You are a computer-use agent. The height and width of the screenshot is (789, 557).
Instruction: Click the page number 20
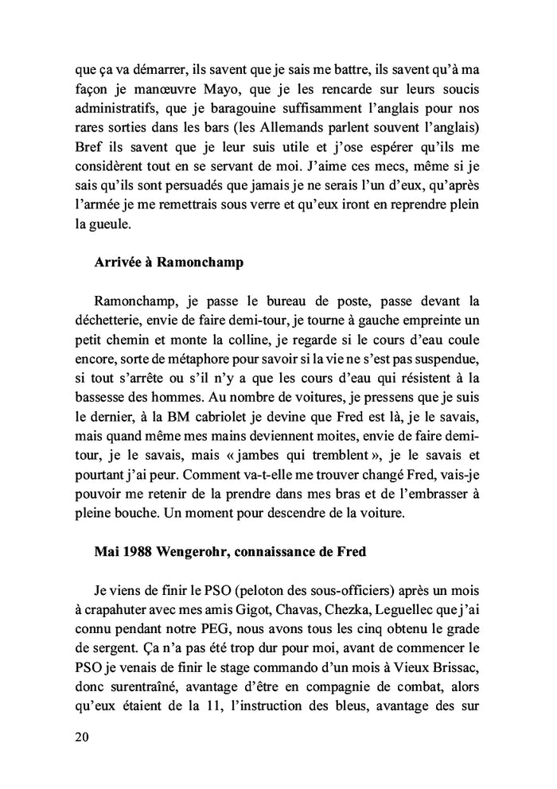click(x=80, y=737)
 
